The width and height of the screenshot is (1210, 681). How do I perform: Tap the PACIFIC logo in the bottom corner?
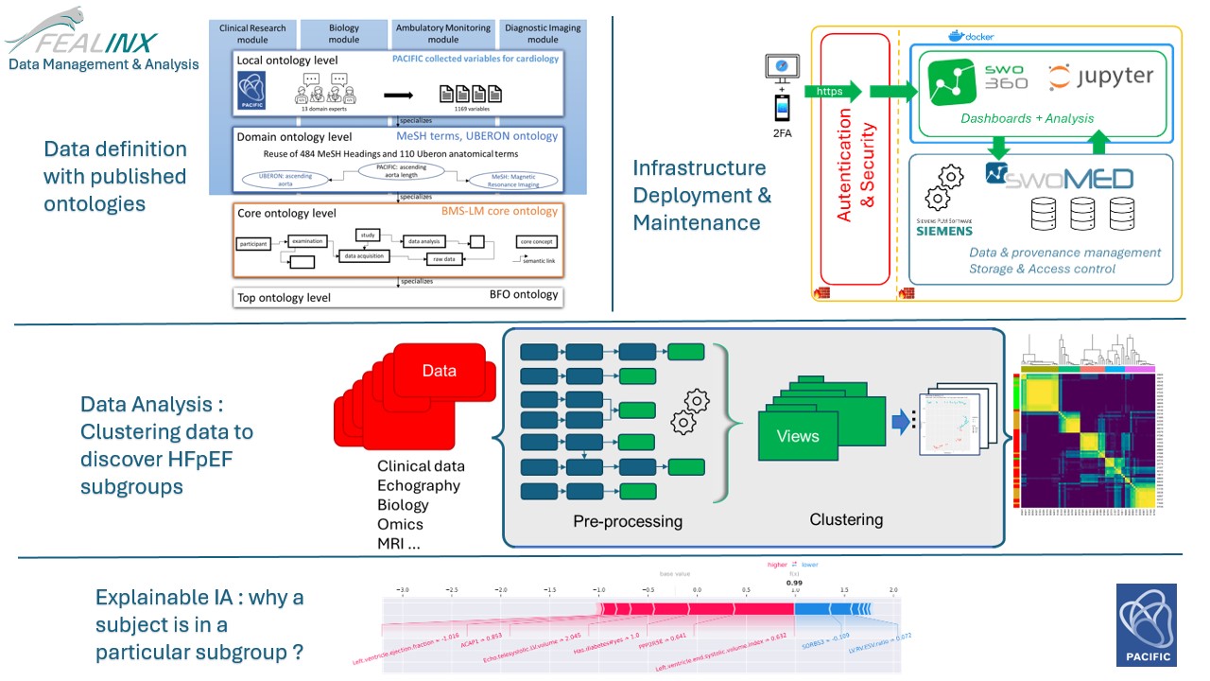pos(1146,623)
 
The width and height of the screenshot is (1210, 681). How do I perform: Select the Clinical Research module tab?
pos(252,34)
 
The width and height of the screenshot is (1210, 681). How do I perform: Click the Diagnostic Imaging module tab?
pos(543,34)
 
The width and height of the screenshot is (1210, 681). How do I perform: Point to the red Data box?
pos(439,372)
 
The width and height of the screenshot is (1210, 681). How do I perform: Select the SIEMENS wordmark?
pos(944,231)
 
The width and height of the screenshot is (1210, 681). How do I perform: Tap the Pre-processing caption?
pos(628,521)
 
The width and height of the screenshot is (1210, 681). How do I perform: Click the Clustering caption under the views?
pos(846,519)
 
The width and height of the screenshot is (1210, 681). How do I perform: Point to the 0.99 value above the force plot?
pos(794,584)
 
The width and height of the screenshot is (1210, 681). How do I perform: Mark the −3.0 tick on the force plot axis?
pos(404,589)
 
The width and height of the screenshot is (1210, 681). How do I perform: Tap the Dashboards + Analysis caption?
pos(1027,118)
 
